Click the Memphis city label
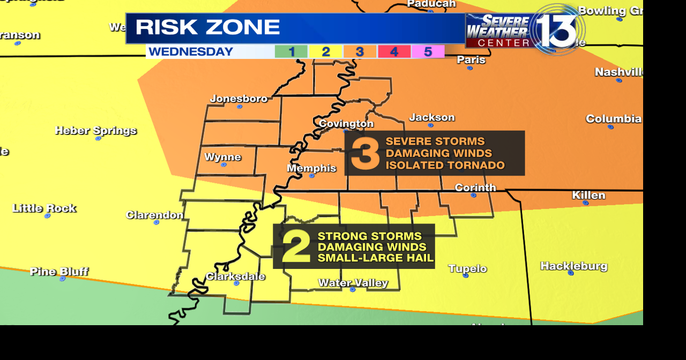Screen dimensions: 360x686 pos(311,168)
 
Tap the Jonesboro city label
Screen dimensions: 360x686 pos(238,99)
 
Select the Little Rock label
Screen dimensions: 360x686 pos(44,208)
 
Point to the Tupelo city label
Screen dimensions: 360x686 pos(467,268)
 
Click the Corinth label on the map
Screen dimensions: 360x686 pos(475,187)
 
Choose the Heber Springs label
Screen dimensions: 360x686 pos(96,131)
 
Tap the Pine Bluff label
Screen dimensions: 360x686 pos(59,272)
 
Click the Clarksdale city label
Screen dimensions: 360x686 pos(235,276)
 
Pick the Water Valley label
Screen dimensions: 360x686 pos(353,283)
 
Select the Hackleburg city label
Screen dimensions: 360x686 pos(573,266)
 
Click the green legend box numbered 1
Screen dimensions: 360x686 pos(291,52)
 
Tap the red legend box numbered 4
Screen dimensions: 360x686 pos(394,52)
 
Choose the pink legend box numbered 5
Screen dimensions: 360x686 pos(428,52)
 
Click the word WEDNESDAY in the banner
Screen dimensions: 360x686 pos(191,52)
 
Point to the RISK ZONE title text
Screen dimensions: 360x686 pos(207,28)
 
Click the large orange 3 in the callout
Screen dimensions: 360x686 pos(365,154)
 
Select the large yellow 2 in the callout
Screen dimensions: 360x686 pos(296,247)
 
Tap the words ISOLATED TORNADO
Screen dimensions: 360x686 pos(445,165)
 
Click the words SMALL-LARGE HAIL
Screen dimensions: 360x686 pos(375,258)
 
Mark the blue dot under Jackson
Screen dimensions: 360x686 pos(430,125)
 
